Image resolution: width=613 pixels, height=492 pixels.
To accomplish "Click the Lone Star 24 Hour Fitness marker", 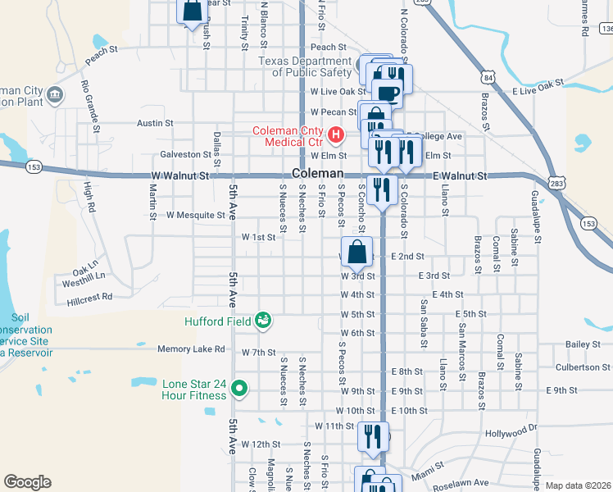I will point(239,388).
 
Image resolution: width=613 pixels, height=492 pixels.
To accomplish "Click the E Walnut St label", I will point(459,176).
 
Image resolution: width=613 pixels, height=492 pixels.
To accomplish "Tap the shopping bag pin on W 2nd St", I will point(357,253).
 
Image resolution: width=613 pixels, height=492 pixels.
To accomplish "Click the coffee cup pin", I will point(388,92).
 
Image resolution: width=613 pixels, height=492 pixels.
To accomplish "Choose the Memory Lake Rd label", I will point(191,349).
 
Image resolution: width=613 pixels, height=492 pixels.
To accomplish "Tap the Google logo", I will point(27,482).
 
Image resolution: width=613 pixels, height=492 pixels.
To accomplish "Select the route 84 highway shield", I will point(488,77).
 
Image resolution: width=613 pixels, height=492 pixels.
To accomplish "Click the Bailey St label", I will point(583,344).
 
